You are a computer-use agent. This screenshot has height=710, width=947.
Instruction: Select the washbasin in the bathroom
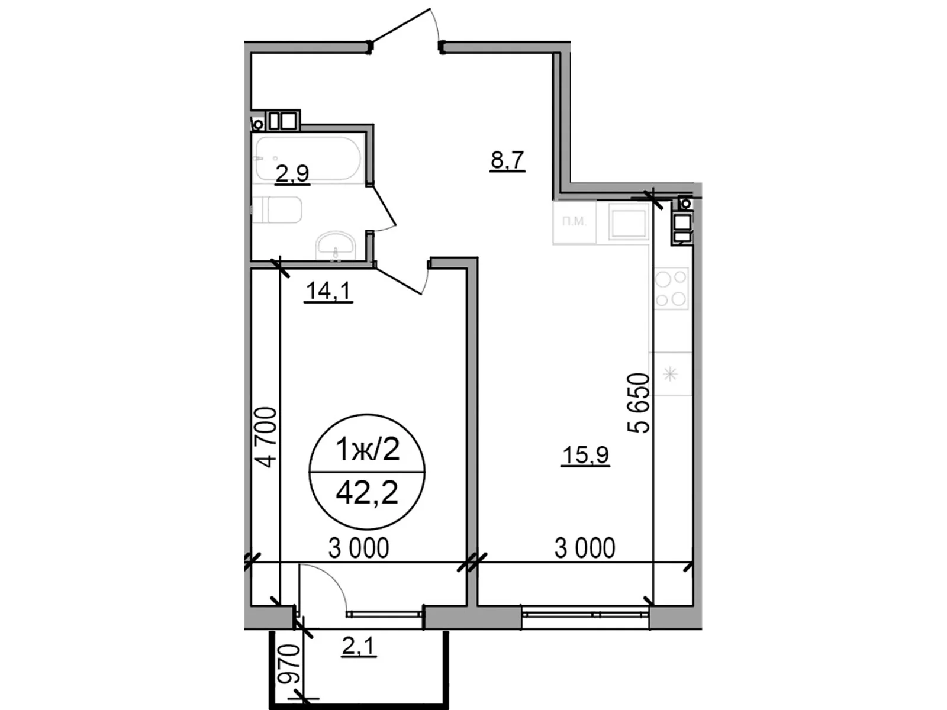[335, 246]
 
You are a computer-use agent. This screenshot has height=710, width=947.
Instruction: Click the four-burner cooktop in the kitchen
[671, 289]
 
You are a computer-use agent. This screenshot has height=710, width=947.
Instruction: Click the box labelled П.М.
[574, 222]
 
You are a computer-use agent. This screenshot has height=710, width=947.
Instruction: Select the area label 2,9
[292, 173]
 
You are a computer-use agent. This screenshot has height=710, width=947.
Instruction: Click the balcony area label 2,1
[359, 647]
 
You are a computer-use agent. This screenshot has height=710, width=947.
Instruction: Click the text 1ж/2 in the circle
[367, 450]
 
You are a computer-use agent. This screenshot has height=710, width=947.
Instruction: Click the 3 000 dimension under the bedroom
[359, 548]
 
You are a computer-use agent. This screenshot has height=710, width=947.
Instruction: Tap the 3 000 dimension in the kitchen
[585, 548]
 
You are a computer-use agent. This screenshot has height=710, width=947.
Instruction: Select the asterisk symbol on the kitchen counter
[670, 374]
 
